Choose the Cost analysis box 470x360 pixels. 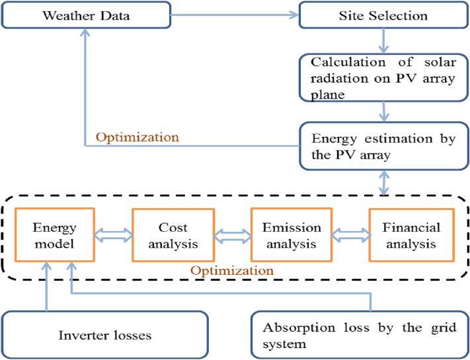(x=173, y=236)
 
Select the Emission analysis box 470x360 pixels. (x=291, y=236)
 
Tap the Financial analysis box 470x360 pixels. (x=410, y=236)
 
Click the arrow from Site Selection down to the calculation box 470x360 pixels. (x=383, y=40)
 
